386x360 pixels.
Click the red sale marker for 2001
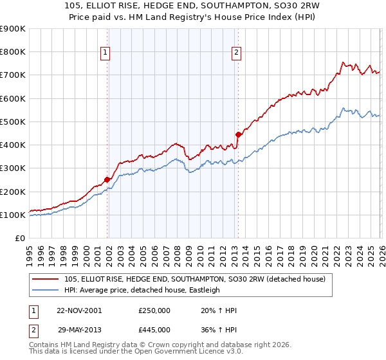107,180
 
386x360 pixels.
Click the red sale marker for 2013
238,134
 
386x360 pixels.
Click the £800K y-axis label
13,52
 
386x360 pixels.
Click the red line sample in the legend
46,279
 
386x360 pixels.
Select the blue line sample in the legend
46,290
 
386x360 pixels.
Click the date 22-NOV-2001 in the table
78,310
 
